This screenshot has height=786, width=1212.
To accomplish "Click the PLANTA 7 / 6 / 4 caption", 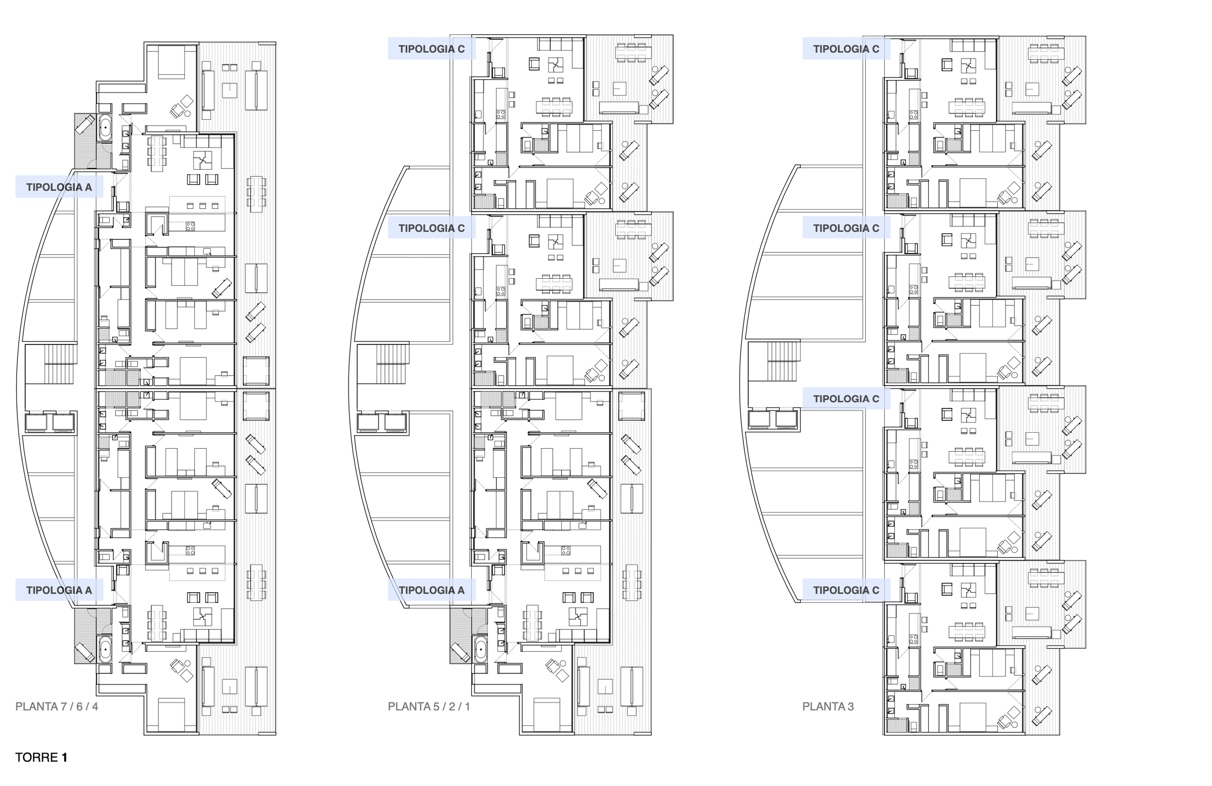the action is click(x=57, y=706).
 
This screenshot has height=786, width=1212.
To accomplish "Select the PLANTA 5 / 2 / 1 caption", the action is click(x=429, y=706).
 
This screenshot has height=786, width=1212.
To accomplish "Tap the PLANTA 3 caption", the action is click(x=828, y=706).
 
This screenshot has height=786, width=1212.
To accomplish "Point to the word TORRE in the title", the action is click(x=36, y=757).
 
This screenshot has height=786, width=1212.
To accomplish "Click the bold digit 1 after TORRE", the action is click(x=64, y=757).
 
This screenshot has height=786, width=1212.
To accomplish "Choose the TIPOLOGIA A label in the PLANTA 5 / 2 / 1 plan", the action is click(x=431, y=590).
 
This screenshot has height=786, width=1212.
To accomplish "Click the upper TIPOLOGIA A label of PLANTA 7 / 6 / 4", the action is click(x=59, y=187).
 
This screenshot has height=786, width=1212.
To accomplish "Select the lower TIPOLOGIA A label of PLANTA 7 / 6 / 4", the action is click(x=59, y=590).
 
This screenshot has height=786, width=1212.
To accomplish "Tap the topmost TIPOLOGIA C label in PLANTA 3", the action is click(x=846, y=49).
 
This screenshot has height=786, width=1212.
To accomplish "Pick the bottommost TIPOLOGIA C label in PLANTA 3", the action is click(x=846, y=590).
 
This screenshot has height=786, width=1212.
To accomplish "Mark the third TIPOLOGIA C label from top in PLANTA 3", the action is click(x=846, y=399).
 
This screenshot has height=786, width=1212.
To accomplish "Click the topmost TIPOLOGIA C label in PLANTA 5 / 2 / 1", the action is click(x=431, y=49).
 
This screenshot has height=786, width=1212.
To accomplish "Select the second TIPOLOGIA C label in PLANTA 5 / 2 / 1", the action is click(x=431, y=228).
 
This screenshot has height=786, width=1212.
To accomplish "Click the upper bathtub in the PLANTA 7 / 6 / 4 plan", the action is click(x=105, y=127).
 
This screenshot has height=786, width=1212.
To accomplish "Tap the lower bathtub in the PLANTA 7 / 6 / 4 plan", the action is click(x=105, y=649).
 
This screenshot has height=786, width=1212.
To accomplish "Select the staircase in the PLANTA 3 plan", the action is click(x=781, y=362).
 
